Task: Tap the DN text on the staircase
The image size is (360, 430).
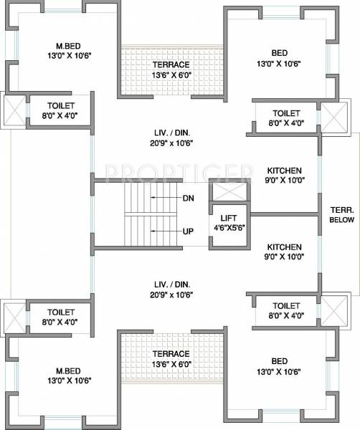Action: tap(189, 198)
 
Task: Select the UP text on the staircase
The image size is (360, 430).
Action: tap(189, 231)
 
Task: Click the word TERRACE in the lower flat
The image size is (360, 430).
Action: tap(170, 354)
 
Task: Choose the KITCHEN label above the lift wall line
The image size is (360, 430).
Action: tap(285, 171)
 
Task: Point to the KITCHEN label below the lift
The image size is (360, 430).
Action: tap(285, 247)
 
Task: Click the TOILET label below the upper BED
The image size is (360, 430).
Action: tap(286, 113)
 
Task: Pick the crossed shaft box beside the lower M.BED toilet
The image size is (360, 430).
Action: tap(14, 315)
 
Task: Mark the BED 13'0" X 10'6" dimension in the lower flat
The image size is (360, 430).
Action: tap(285, 371)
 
